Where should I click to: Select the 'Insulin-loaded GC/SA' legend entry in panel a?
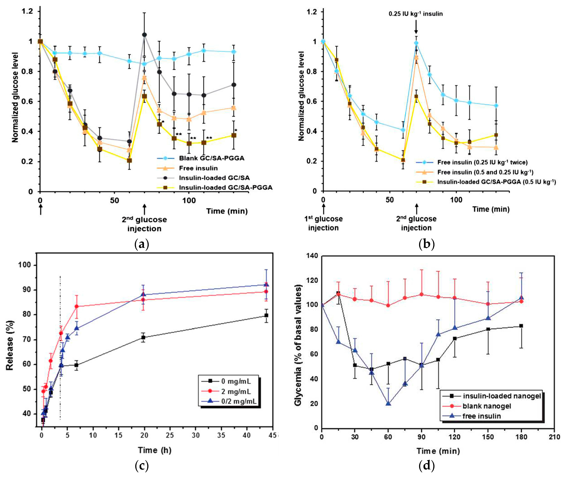click(x=214, y=178)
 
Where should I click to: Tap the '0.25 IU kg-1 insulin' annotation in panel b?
click(x=416, y=14)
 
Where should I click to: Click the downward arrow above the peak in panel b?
click(x=416, y=28)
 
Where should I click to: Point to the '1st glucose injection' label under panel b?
click(x=323, y=223)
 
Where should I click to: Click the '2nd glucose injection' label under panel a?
click(x=144, y=224)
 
